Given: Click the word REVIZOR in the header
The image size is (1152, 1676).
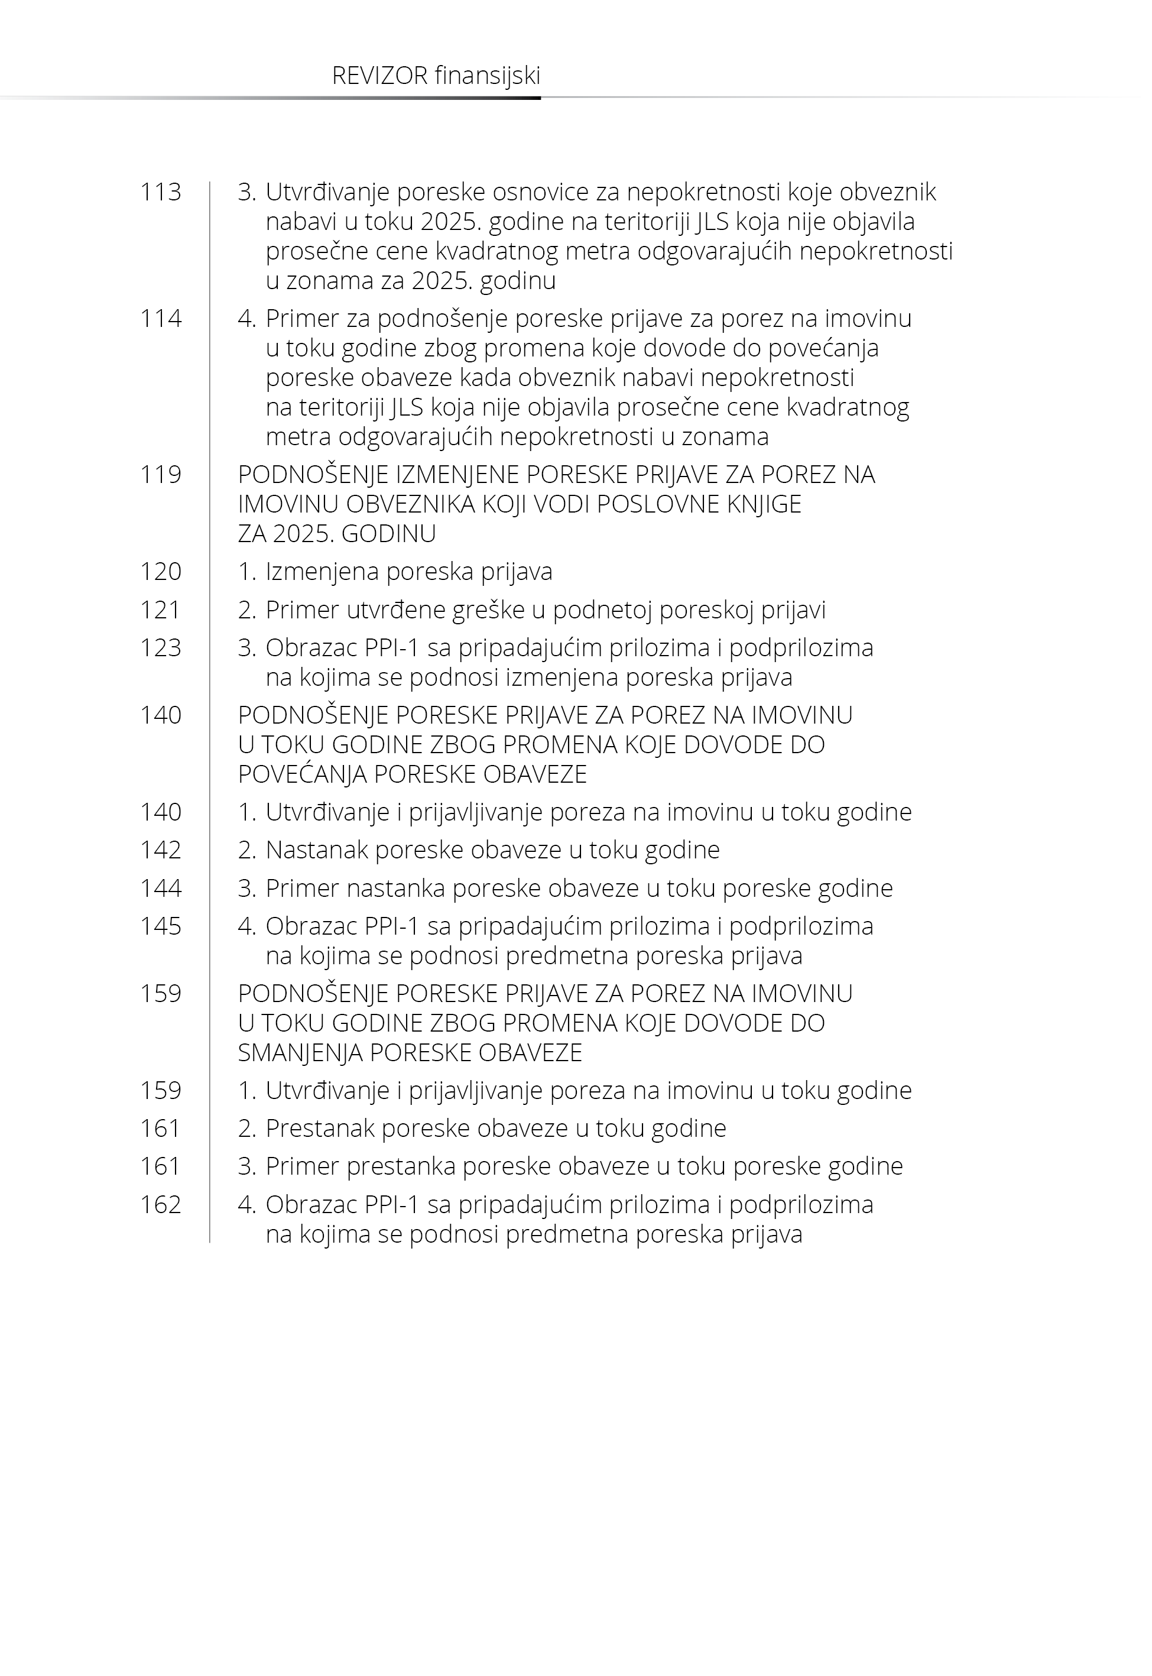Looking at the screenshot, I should (x=379, y=76).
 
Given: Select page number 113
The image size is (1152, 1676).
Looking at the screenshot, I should (x=160, y=192).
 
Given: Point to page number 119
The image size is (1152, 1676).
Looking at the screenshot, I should (x=160, y=474).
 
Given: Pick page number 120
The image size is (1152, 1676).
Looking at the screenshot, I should (x=160, y=572).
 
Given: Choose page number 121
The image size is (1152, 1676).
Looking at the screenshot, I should (x=160, y=610).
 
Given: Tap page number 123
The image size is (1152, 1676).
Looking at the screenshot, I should (x=160, y=647).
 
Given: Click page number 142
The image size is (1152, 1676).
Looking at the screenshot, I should (x=160, y=850).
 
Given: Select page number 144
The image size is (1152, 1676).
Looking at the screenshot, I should (x=160, y=888).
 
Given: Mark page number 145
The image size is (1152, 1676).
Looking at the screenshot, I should (x=160, y=926).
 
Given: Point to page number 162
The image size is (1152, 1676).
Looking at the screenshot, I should (x=160, y=1205).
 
